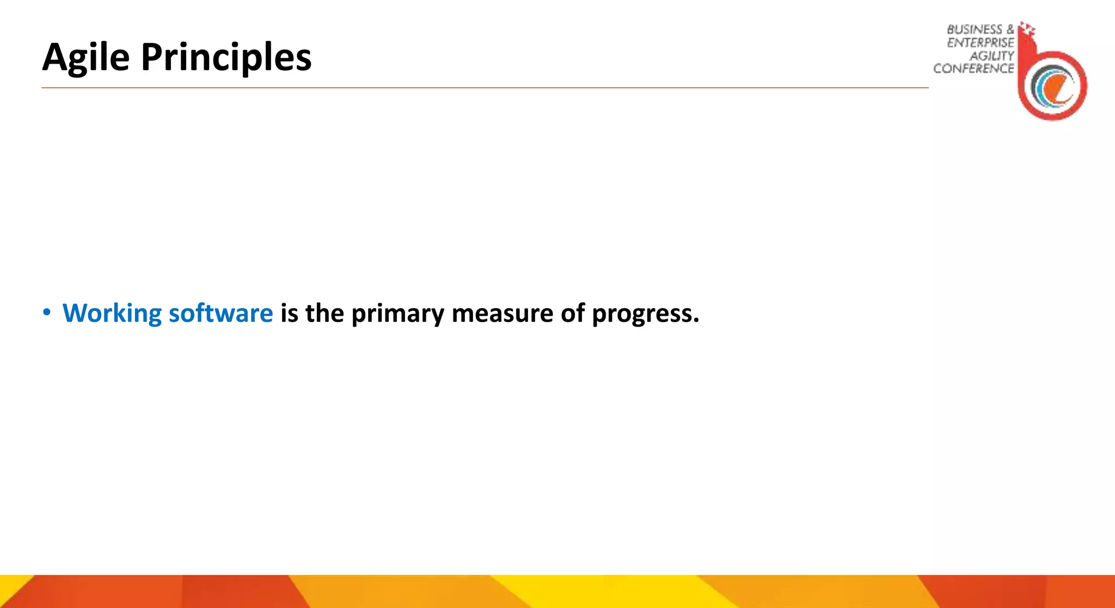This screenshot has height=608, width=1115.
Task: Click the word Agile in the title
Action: [85, 58]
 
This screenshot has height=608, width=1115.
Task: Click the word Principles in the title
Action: [226, 58]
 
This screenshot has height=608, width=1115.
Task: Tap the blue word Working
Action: [112, 314]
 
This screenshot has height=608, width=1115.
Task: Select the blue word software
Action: [220, 314]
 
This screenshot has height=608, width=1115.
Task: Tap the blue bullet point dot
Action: [47, 312]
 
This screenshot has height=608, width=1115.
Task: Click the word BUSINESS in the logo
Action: [974, 30]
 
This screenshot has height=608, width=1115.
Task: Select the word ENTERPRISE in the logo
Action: [981, 43]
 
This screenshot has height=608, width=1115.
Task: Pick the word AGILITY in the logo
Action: [991, 56]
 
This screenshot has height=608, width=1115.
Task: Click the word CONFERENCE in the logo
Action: [973, 69]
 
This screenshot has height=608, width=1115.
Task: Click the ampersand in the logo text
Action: [1010, 29]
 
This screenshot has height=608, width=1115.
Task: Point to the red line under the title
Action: [485, 88]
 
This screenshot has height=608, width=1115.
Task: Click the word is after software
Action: [289, 314]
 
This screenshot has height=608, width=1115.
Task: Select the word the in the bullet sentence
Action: [324, 314]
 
